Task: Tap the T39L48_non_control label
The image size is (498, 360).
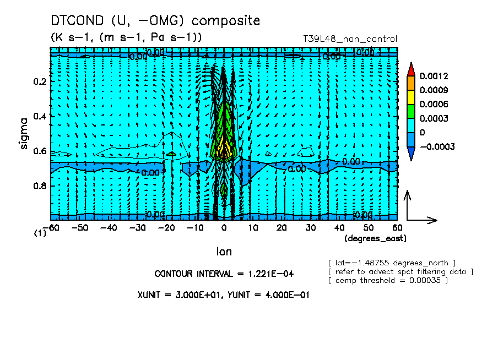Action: pyautogui.click(x=350, y=39)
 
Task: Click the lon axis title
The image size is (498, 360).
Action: pyautogui.click(x=223, y=252)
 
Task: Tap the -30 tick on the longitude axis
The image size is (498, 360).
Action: pyautogui.click(x=137, y=227)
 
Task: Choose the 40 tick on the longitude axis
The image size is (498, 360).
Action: pyautogui.click(x=339, y=227)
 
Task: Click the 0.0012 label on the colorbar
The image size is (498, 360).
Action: pyautogui.click(x=433, y=76)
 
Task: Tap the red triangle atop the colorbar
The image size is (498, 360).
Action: pyautogui.click(x=411, y=68)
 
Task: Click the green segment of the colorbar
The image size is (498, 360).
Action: pyautogui.click(x=411, y=111)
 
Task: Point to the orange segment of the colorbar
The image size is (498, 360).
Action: pyautogui.click(x=411, y=83)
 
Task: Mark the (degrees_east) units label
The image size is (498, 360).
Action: pyautogui.click(x=375, y=238)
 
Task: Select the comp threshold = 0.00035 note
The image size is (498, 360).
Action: pyautogui.click(x=388, y=281)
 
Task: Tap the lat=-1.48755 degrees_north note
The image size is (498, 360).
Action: pyautogui.click(x=392, y=263)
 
